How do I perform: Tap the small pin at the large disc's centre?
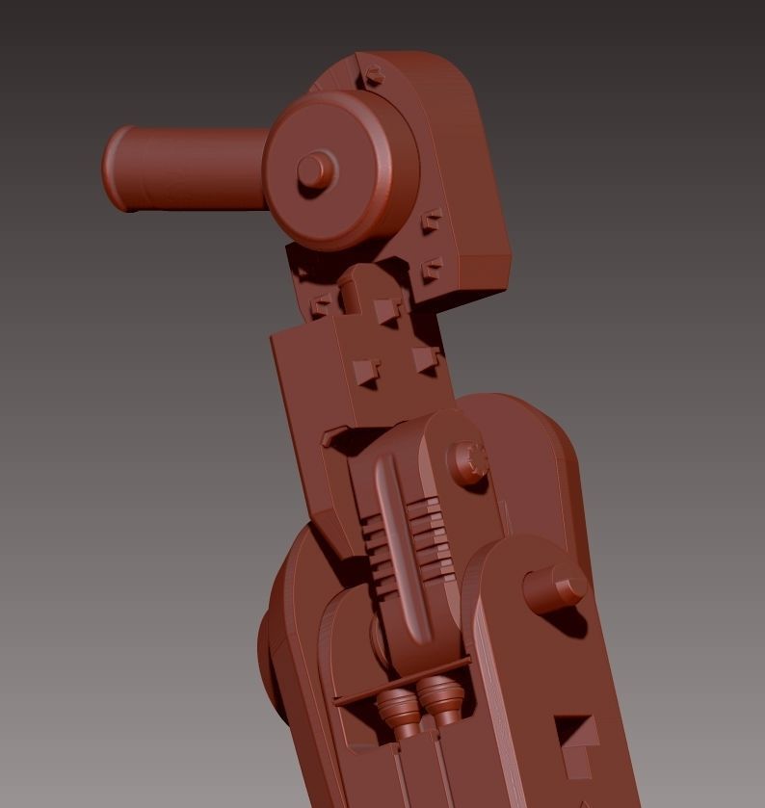[312, 170]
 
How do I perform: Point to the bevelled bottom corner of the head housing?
[482, 274]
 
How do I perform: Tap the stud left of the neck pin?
[322, 306]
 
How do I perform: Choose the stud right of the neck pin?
[386, 309]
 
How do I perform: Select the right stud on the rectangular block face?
[425, 359]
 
